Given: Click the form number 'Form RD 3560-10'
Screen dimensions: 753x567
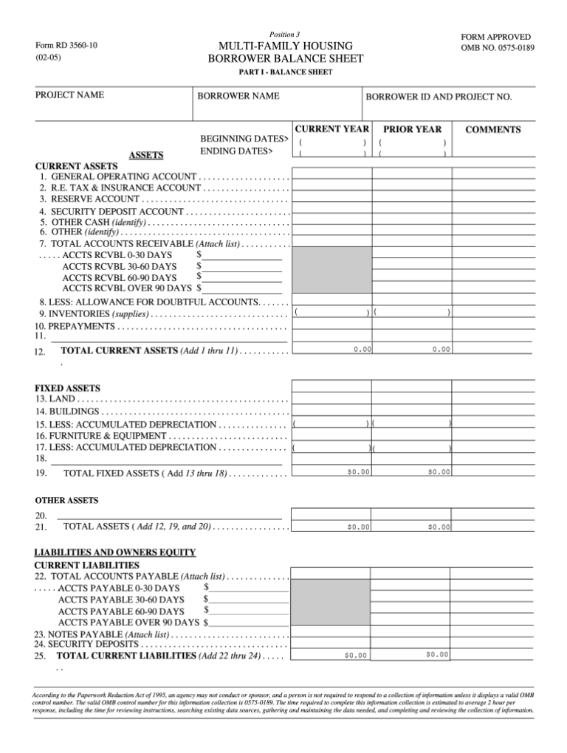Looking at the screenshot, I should click(x=66, y=45).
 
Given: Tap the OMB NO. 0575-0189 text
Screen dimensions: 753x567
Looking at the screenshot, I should click(x=497, y=48).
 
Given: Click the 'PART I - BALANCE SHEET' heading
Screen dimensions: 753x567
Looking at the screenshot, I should click(x=285, y=72).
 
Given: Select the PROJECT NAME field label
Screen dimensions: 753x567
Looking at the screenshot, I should click(x=69, y=95).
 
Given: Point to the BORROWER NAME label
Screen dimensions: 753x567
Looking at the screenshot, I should click(x=238, y=96).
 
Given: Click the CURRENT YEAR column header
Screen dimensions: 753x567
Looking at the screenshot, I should click(x=332, y=129).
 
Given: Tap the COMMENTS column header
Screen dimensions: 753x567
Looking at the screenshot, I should click(x=492, y=130).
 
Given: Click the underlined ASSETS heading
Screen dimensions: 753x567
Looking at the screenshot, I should click(x=146, y=156).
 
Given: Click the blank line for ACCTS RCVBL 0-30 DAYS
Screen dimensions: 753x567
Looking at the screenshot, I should click(x=242, y=255).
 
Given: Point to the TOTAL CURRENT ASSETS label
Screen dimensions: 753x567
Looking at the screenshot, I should click(x=120, y=350).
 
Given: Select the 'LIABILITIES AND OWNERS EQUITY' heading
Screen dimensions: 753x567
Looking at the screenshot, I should click(x=115, y=552).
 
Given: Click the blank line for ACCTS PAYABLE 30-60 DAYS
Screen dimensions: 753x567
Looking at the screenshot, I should click(x=248, y=600).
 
